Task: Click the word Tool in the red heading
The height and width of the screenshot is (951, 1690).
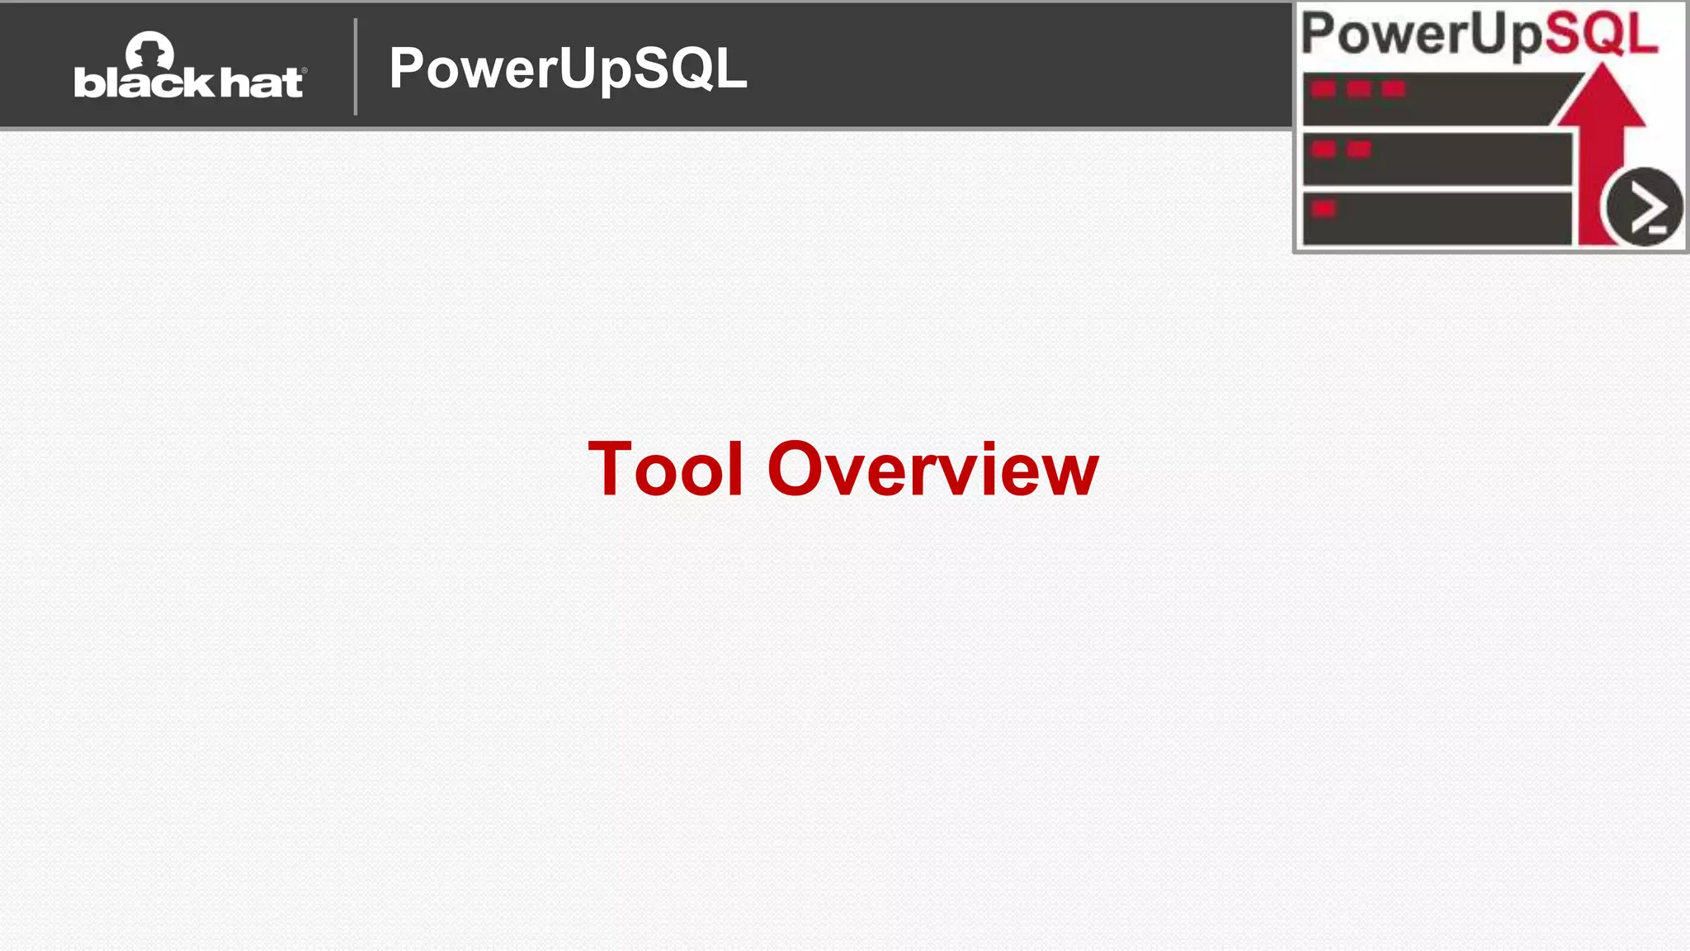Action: [665, 469]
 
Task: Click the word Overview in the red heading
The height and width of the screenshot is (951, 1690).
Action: [932, 469]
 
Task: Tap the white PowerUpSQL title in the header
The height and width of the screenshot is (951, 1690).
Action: [568, 68]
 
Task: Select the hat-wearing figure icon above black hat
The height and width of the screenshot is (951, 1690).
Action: [149, 51]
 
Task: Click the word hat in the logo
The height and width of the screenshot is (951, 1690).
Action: [262, 83]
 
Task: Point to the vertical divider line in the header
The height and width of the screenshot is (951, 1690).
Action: [356, 67]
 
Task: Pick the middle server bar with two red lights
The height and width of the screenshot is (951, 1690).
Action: [1436, 159]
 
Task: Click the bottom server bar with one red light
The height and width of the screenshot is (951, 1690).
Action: [1436, 219]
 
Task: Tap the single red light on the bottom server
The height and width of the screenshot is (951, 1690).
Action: [1324, 209]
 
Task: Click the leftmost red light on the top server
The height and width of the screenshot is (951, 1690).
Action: [1324, 89]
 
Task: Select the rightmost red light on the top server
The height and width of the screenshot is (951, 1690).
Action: [1393, 89]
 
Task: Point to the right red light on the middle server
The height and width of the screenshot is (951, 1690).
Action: [1358, 149]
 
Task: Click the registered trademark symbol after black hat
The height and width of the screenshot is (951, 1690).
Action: [304, 71]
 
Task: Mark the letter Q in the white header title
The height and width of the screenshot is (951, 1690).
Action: [698, 68]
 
